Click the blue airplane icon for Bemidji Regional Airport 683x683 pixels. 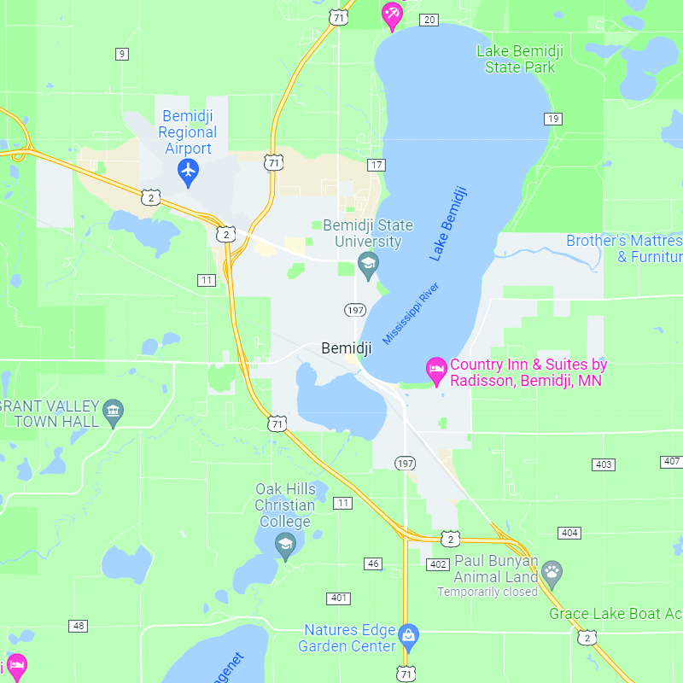coord(188,172)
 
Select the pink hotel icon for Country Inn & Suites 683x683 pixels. coord(436,371)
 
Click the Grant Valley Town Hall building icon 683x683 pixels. coord(113,414)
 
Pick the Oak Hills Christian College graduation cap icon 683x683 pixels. coord(285,544)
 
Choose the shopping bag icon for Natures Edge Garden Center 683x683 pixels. coord(409,636)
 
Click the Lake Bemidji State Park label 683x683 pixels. coord(519,59)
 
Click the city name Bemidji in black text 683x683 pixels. coord(347,347)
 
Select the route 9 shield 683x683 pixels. coord(122,54)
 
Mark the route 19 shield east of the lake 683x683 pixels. coord(554,119)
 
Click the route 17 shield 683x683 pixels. coord(377,164)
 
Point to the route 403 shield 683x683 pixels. coord(604,464)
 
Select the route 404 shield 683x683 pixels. coord(569,533)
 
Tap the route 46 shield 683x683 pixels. coord(373,563)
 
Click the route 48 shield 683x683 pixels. coord(79,626)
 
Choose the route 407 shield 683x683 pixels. coord(671,462)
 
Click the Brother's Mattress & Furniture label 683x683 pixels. coord(624,248)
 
